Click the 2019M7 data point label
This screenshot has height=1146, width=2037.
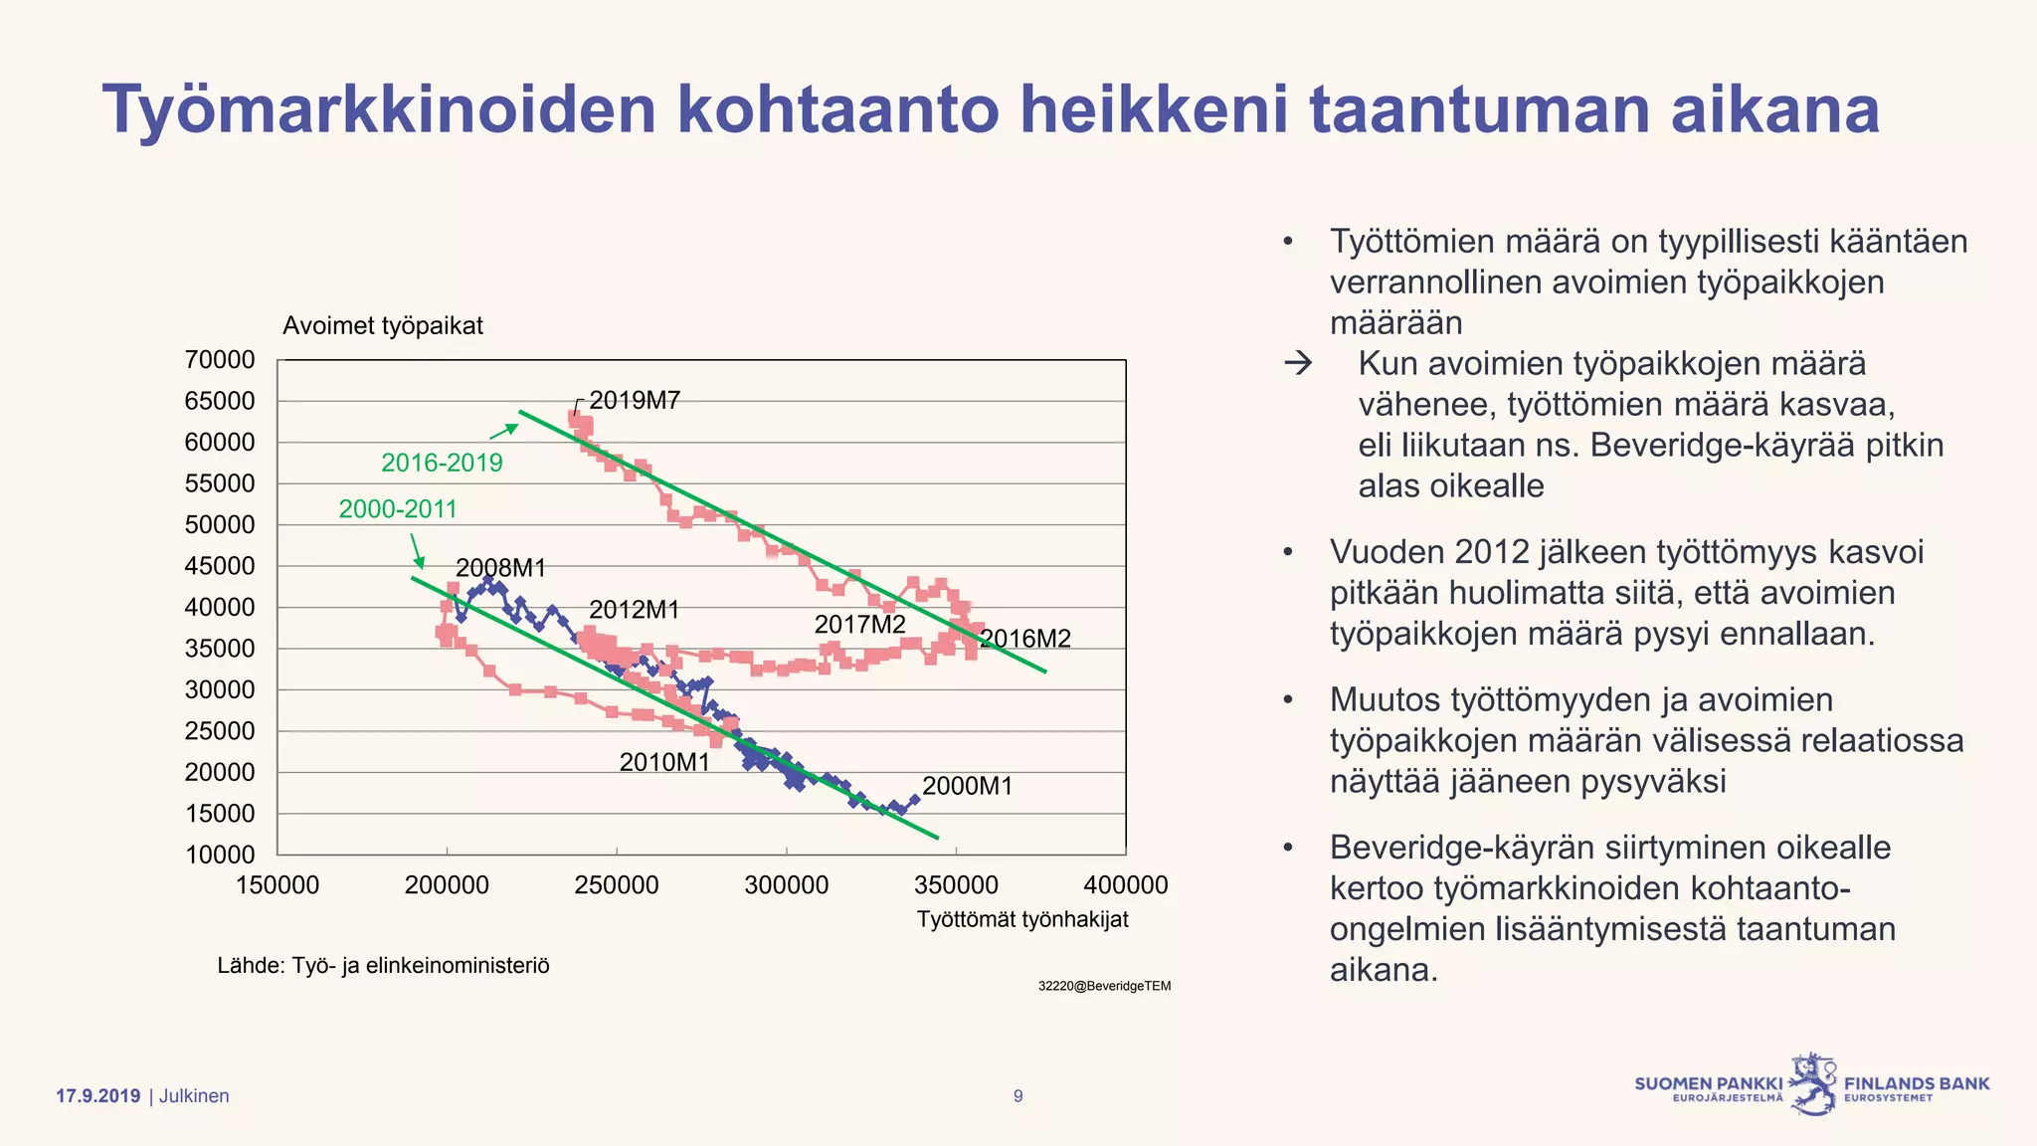[635, 401]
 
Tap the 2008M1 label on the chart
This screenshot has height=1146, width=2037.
[500, 568]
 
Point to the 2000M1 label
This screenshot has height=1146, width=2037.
[967, 786]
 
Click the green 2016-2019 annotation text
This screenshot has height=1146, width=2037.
[442, 463]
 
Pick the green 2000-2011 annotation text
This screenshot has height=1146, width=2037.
[398, 509]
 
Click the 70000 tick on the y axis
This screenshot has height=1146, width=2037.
[220, 360]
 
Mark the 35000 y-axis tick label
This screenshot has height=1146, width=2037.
[220, 649]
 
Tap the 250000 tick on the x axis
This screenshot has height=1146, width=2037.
[616, 885]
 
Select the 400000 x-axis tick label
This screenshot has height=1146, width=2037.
[1125, 885]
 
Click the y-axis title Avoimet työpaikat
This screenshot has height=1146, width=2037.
[383, 326]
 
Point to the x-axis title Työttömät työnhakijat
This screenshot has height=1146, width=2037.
[1022, 919]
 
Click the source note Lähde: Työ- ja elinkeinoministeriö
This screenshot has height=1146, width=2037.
[383, 966]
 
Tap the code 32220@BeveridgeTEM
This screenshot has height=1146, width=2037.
[1104, 986]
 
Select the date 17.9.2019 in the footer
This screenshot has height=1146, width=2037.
[97, 1096]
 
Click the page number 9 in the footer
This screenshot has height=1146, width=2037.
[1018, 1096]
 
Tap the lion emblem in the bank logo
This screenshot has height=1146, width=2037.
[1813, 1084]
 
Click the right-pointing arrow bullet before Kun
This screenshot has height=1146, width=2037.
[1298, 364]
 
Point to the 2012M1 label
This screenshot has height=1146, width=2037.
[634, 610]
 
